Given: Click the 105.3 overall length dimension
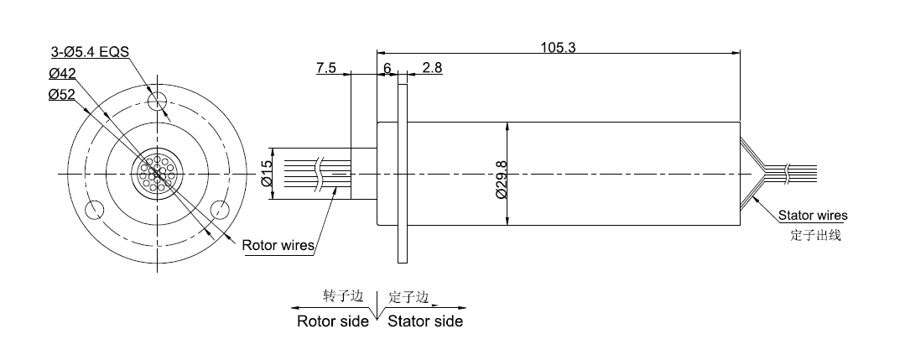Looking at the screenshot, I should point(557,47).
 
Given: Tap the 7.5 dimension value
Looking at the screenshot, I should point(326,69).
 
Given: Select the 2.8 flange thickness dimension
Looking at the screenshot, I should point(432,69).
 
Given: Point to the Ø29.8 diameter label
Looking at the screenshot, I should point(501,180).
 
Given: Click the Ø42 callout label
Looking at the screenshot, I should point(63,73).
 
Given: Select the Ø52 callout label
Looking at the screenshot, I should point(63,95).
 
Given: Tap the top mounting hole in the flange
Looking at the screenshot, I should point(157,102).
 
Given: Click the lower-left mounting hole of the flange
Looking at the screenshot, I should point(95,209).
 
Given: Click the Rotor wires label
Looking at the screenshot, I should point(278,246).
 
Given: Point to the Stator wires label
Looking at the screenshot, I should point(813,216).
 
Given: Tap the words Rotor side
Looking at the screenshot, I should point(333,321).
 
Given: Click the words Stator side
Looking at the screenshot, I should point(425,321).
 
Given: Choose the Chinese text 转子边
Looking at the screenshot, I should point(343,298).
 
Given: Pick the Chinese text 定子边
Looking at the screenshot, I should point(408,298).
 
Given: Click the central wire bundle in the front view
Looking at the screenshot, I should point(157,174).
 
